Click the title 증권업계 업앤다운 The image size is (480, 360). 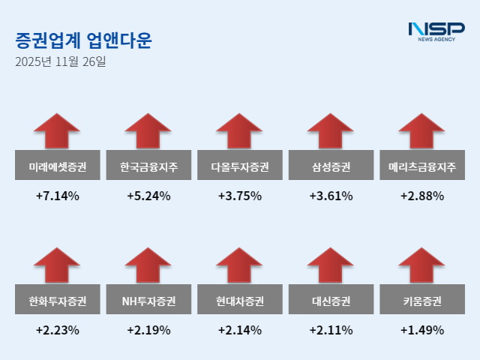(x=83, y=40)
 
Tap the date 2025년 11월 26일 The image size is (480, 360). (x=61, y=61)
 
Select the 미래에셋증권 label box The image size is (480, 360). (x=57, y=166)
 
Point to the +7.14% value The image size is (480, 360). (x=57, y=196)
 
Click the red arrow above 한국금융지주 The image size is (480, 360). (x=148, y=132)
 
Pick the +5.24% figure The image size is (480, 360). (x=148, y=196)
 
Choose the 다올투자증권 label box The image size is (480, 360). (x=240, y=166)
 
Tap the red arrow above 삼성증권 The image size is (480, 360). (x=331, y=132)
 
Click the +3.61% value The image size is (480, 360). (x=331, y=196)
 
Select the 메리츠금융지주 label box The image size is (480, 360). (x=422, y=166)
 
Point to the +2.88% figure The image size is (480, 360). (x=422, y=196)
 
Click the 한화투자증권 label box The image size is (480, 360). (x=57, y=301)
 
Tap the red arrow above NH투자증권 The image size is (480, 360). (x=148, y=266)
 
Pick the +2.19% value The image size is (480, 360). (x=148, y=330)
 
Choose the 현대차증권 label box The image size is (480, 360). (x=240, y=301)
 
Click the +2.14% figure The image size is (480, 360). (x=240, y=330)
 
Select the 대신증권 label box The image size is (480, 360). (x=331, y=301)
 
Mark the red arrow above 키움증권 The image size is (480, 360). (x=422, y=266)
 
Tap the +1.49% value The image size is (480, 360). (x=422, y=330)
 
